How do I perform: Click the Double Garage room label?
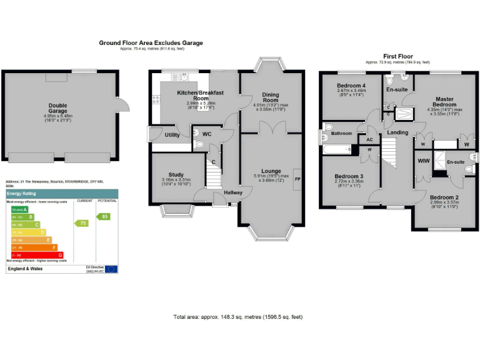pos(58,109)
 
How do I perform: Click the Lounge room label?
pos(271,171)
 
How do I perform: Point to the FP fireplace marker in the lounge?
pos(297,179)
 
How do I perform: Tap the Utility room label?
pos(172,135)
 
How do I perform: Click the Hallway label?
pos(233,192)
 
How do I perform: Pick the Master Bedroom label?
pos(444,102)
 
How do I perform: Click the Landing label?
pos(397,132)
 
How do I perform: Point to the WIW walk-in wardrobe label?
pos(423,161)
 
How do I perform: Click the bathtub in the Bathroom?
pos(337,149)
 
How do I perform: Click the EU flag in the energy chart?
pos(111,269)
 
